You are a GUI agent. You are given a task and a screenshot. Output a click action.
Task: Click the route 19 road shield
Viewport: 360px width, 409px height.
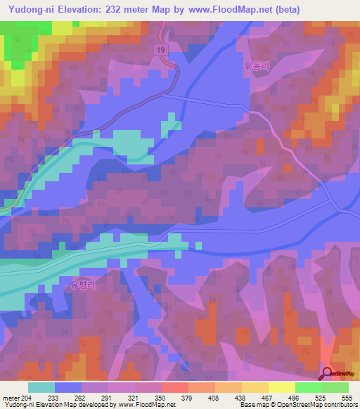click(x=161, y=50)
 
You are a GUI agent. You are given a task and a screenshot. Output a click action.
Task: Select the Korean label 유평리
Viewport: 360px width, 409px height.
click(x=82, y=285)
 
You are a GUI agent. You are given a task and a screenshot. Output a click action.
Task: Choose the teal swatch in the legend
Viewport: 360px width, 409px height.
click(x=41, y=387)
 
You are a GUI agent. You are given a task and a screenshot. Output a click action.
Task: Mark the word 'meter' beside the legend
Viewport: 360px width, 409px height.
click(x=10, y=397)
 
